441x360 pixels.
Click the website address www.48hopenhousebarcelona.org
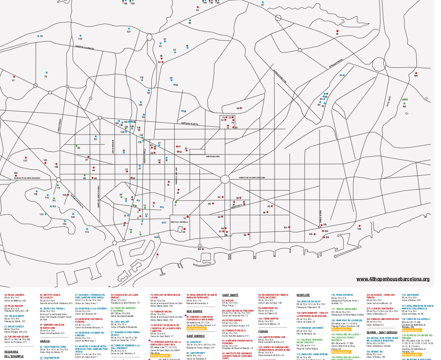(393, 279)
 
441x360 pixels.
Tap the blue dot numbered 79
(38, 36)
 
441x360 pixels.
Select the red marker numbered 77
(14, 77)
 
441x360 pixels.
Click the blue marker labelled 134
(80, 36)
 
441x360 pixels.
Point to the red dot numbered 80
(337, 30)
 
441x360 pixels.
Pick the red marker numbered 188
(416, 73)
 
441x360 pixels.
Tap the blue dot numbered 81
(344, 75)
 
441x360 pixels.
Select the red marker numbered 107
(290, 228)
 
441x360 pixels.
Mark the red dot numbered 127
(26, 158)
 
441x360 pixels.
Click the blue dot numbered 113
(86, 228)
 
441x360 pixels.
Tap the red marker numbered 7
(157, 254)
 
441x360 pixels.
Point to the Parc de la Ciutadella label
(179, 222)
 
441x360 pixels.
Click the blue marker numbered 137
(129, 29)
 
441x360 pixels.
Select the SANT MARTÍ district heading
(230, 295)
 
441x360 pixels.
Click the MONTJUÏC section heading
(303, 295)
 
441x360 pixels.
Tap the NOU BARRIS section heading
(194, 311)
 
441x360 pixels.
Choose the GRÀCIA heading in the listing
(45, 341)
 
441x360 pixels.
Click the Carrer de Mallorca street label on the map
(213, 156)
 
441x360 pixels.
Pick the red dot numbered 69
(241, 108)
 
